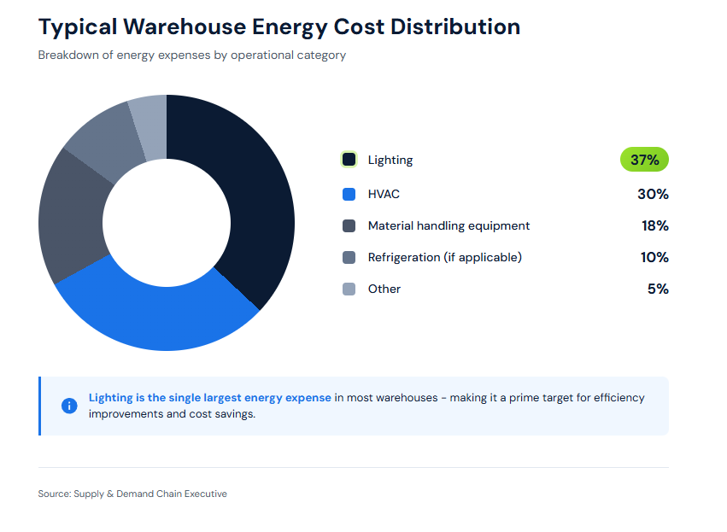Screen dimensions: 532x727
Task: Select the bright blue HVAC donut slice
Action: tap(154, 316)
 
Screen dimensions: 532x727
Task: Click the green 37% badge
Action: tap(644, 160)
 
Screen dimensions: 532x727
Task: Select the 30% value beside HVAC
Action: tap(653, 194)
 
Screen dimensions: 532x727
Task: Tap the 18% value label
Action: tap(654, 225)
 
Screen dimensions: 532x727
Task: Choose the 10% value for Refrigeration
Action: tap(654, 257)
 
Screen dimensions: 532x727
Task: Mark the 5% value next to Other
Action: tap(658, 289)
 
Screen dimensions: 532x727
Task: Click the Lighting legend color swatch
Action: tap(349, 160)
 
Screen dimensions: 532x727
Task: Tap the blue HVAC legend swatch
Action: tap(349, 194)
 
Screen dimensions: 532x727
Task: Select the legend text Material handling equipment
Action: tap(449, 225)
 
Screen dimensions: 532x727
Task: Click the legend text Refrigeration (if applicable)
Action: tap(444, 257)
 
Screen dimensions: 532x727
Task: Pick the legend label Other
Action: tap(384, 289)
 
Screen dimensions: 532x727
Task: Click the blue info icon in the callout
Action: tap(69, 406)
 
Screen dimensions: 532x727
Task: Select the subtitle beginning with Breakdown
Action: tap(191, 55)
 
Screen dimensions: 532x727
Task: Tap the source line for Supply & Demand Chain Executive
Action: tap(132, 494)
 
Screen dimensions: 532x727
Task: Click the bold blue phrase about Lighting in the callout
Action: tap(209, 398)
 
